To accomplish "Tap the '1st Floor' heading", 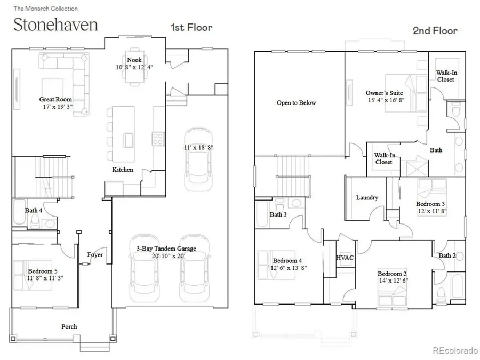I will pyautogui.click(x=190, y=27).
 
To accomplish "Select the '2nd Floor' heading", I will pyautogui.click(x=435, y=30).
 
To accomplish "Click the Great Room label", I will pyautogui.click(x=55, y=99).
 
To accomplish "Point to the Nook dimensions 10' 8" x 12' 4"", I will pyautogui.click(x=134, y=68).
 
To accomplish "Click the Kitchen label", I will pyautogui.click(x=122, y=170).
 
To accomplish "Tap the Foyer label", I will pyautogui.click(x=95, y=254).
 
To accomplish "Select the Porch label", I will pyautogui.click(x=69, y=326).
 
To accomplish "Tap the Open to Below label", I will pyautogui.click(x=296, y=103).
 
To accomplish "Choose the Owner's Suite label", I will pyautogui.click(x=383, y=92).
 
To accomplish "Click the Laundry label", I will pyautogui.click(x=367, y=198).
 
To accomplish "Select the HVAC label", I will pyautogui.click(x=345, y=257).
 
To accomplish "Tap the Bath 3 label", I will pyautogui.click(x=278, y=214).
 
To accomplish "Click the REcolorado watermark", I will pyautogui.click(x=454, y=350).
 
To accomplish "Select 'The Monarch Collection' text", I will pyautogui.click(x=45, y=9).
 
